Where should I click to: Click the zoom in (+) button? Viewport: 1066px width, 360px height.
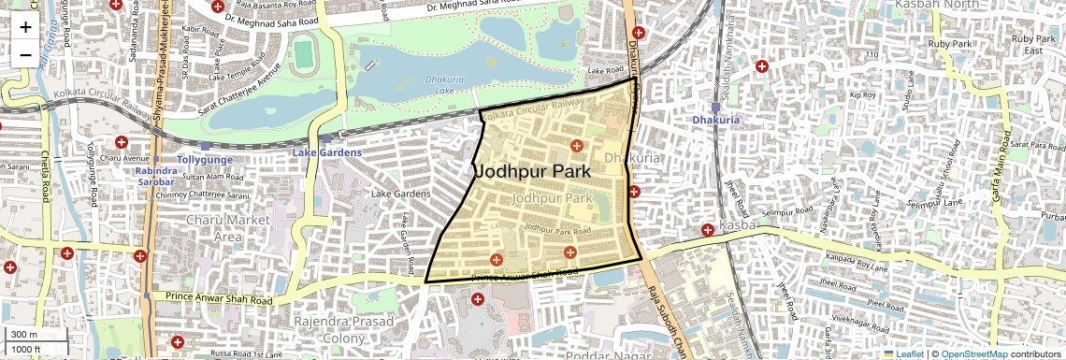click(x=25, y=27)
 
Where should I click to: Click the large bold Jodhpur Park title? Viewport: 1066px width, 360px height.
click(x=532, y=172)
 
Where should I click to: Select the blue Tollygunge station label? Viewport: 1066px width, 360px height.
click(x=205, y=160)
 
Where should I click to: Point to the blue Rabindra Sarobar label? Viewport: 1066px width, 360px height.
click(x=155, y=177)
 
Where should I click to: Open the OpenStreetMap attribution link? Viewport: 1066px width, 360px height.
click(x=973, y=353)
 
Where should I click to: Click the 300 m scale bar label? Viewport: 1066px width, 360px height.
click(x=23, y=335)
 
